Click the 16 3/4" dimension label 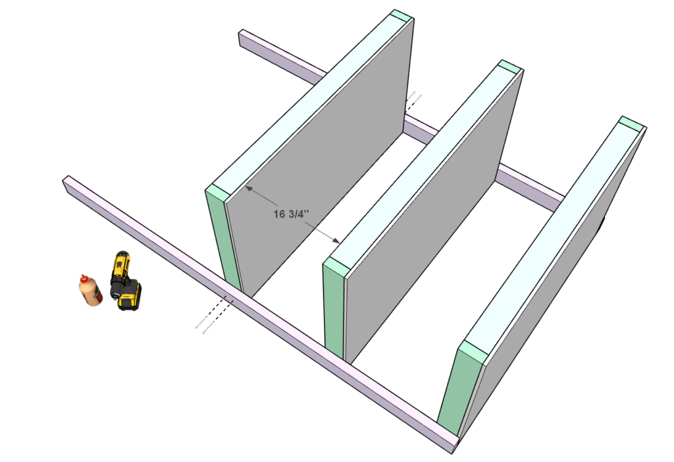[x=291, y=214]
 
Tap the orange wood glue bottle [x=90, y=290]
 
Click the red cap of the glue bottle [x=82, y=277]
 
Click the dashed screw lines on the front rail [x=214, y=313]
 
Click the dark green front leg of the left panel [x=224, y=241]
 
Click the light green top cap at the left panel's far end [x=402, y=16]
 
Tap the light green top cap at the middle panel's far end [x=510, y=67]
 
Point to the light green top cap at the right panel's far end [x=632, y=123]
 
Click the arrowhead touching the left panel [x=248, y=188]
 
